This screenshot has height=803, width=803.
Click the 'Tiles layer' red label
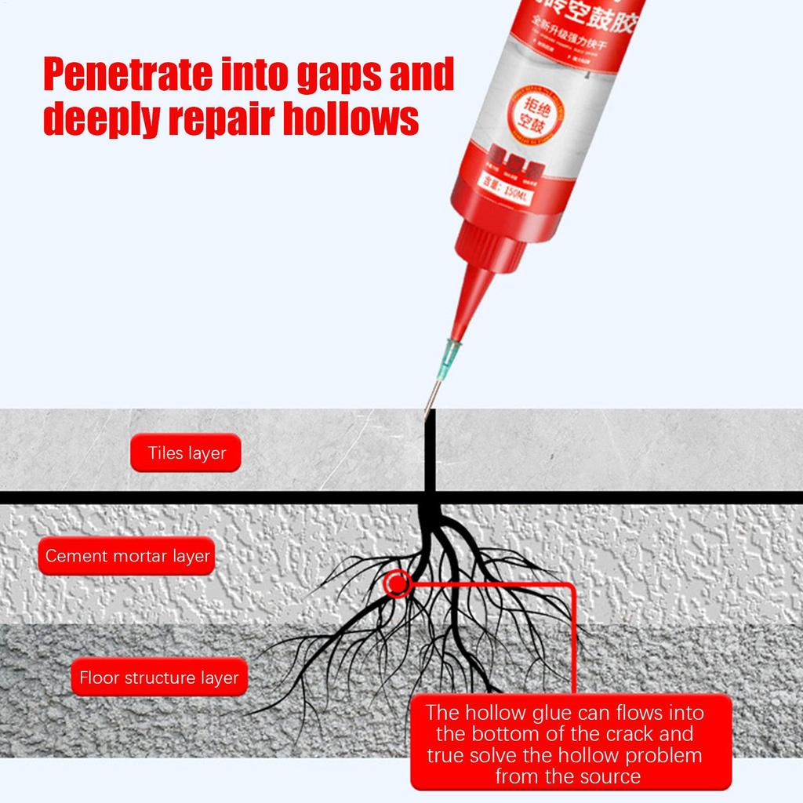click(x=187, y=452)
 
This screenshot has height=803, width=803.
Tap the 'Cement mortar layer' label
click(x=127, y=556)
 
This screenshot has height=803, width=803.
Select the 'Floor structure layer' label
click(x=159, y=677)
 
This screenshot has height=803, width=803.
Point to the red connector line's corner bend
click(x=572, y=585)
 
